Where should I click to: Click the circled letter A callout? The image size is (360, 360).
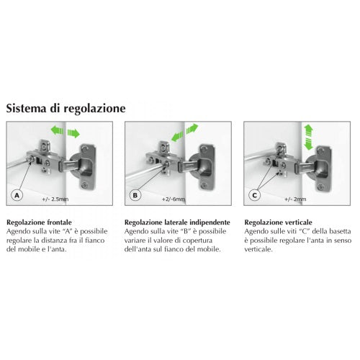point(17,195)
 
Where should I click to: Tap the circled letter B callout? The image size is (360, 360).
point(135,195)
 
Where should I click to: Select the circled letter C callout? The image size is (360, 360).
point(254,195)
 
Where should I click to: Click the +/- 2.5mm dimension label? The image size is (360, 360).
point(55,199)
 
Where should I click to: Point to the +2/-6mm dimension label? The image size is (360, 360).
point(174,199)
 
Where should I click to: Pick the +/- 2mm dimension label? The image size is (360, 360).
point(295,199)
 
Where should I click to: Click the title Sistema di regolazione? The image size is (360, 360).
point(66,108)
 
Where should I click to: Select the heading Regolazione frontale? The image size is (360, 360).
point(39,222)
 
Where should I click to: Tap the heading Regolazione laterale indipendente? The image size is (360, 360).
point(177,222)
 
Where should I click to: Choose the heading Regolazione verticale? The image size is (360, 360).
point(278,222)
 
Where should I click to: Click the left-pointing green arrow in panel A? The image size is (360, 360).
point(57,130)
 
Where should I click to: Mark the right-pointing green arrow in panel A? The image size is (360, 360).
point(73,133)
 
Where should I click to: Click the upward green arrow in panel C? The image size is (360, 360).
point(308,130)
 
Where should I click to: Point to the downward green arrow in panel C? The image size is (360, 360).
point(308,144)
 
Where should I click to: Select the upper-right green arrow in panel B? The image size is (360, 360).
point(192,128)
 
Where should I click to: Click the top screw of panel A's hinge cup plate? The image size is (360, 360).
point(84,149)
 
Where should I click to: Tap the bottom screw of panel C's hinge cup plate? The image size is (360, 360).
point(320,186)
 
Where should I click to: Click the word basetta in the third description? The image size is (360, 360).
point(340,231)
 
